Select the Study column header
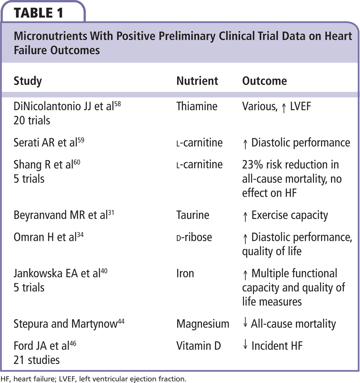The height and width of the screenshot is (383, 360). pyautogui.click(x=28, y=81)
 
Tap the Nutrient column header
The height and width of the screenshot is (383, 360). pyautogui.click(x=197, y=81)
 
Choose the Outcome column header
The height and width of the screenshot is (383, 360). pyautogui.click(x=264, y=81)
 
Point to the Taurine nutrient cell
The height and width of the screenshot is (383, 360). pyautogui.click(x=193, y=215)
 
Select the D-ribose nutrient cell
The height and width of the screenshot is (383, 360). pyautogui.click(x=194, y=237)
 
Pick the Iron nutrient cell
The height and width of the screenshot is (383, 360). pyautogui.click(x=185, y=273)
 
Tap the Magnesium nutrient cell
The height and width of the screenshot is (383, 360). pyautogui.click(x=203, y=324)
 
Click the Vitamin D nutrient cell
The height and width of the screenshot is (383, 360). pyautogui.click(x=199, y=346)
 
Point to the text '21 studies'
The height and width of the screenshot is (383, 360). pyautogui.click(x=36, y=360)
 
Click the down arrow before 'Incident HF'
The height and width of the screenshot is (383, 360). pyautogui.click(x=245, y=345)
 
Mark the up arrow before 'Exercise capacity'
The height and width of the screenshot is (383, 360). pyautogui.click(x=245, y=216)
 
